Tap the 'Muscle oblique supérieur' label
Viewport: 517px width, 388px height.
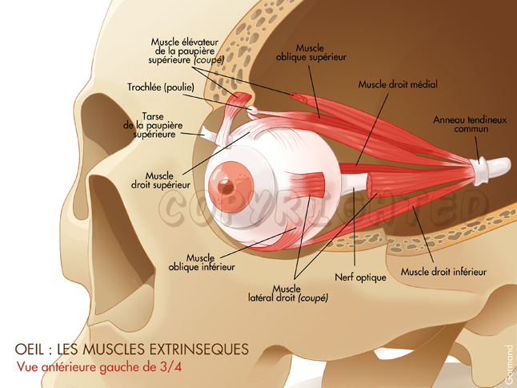[x=310, y=53]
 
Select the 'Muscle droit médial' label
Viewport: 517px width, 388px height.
[x=398, y=83]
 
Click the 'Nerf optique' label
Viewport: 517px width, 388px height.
[x=360, y=277]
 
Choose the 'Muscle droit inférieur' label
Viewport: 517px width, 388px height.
[x=443, y=272]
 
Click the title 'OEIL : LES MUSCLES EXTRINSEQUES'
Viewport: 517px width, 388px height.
[x=132, y=350]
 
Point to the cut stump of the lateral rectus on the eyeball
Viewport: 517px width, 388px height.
[x=311, y=185]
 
